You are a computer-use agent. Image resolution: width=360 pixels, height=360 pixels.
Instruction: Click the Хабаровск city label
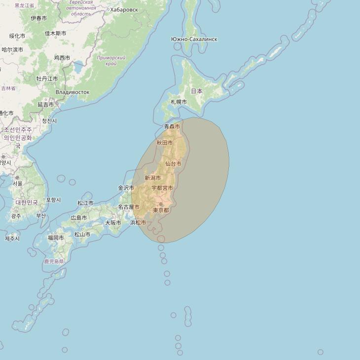pos(124,9)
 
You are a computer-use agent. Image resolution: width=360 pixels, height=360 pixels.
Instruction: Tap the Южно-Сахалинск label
pos(194,39)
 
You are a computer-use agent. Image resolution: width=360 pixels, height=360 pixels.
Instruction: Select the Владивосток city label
pos(72,92)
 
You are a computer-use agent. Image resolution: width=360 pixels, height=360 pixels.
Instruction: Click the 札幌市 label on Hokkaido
pos(179,102)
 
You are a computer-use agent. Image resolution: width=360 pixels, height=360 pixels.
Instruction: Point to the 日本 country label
pos(196,91)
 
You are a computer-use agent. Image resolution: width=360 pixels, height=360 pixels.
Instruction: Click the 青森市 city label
pos(172,127)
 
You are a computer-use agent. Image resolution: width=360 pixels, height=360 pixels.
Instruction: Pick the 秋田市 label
pos(165,143)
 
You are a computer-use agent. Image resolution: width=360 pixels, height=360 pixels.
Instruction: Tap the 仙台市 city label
pos(173,164)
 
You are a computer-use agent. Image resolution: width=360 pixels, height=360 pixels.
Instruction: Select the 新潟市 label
pos(152,178)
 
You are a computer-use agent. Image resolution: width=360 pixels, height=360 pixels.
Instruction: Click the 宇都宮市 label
pos(162,188)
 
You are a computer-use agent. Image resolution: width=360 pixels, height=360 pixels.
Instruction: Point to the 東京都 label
pos(161,210)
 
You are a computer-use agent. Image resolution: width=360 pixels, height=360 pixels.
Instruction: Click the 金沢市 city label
pos(126,188)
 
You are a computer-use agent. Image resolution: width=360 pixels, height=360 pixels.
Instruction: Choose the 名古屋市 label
pos(129,207)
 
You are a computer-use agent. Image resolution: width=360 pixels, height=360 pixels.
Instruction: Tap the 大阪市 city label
pos(113,222)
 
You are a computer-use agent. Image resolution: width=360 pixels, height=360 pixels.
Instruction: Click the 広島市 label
pos(78,217)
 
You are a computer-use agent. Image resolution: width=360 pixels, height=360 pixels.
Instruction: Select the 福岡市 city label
pos(55,238)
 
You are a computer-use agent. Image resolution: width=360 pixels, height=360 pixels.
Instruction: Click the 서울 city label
pos(18,183)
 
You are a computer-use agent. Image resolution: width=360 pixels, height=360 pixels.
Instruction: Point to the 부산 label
pos(41,216)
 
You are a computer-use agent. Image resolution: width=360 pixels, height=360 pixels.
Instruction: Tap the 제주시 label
pos(12,239)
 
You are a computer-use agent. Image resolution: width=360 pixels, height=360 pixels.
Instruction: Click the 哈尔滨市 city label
pos(12,50)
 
